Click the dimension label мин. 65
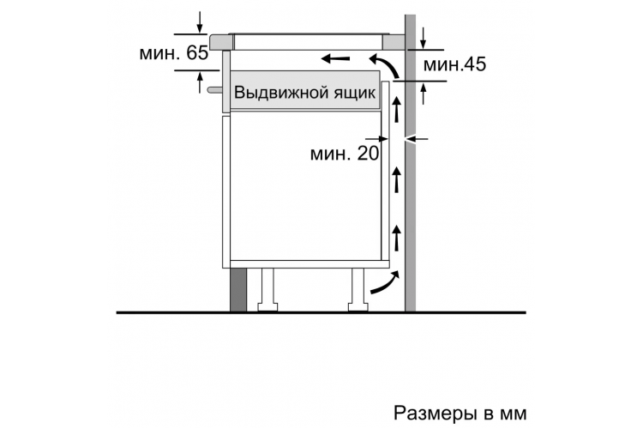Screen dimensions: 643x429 (174, 53)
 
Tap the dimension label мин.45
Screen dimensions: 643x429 (454, 64)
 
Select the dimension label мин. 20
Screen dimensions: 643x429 (345, 154)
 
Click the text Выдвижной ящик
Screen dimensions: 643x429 (304, 93)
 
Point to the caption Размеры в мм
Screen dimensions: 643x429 (460, 413)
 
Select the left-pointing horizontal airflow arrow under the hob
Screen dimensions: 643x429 (335, 58)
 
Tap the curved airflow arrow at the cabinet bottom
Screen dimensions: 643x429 (385, 282)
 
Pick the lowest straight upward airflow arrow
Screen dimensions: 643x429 (396, 238)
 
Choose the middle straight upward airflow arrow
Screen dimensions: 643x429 (396, 179)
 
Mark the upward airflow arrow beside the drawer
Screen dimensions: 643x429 (396, 108)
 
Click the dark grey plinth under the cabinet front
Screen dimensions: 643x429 (238, 290)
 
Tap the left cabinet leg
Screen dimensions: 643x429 (267, 290)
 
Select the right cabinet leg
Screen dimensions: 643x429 (358, 290)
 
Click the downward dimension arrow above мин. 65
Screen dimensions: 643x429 (200, 22)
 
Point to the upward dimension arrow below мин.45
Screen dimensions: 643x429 (424, 94)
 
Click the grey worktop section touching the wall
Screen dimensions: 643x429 (394, 42)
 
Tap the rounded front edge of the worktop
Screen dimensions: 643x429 (220, 42)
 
